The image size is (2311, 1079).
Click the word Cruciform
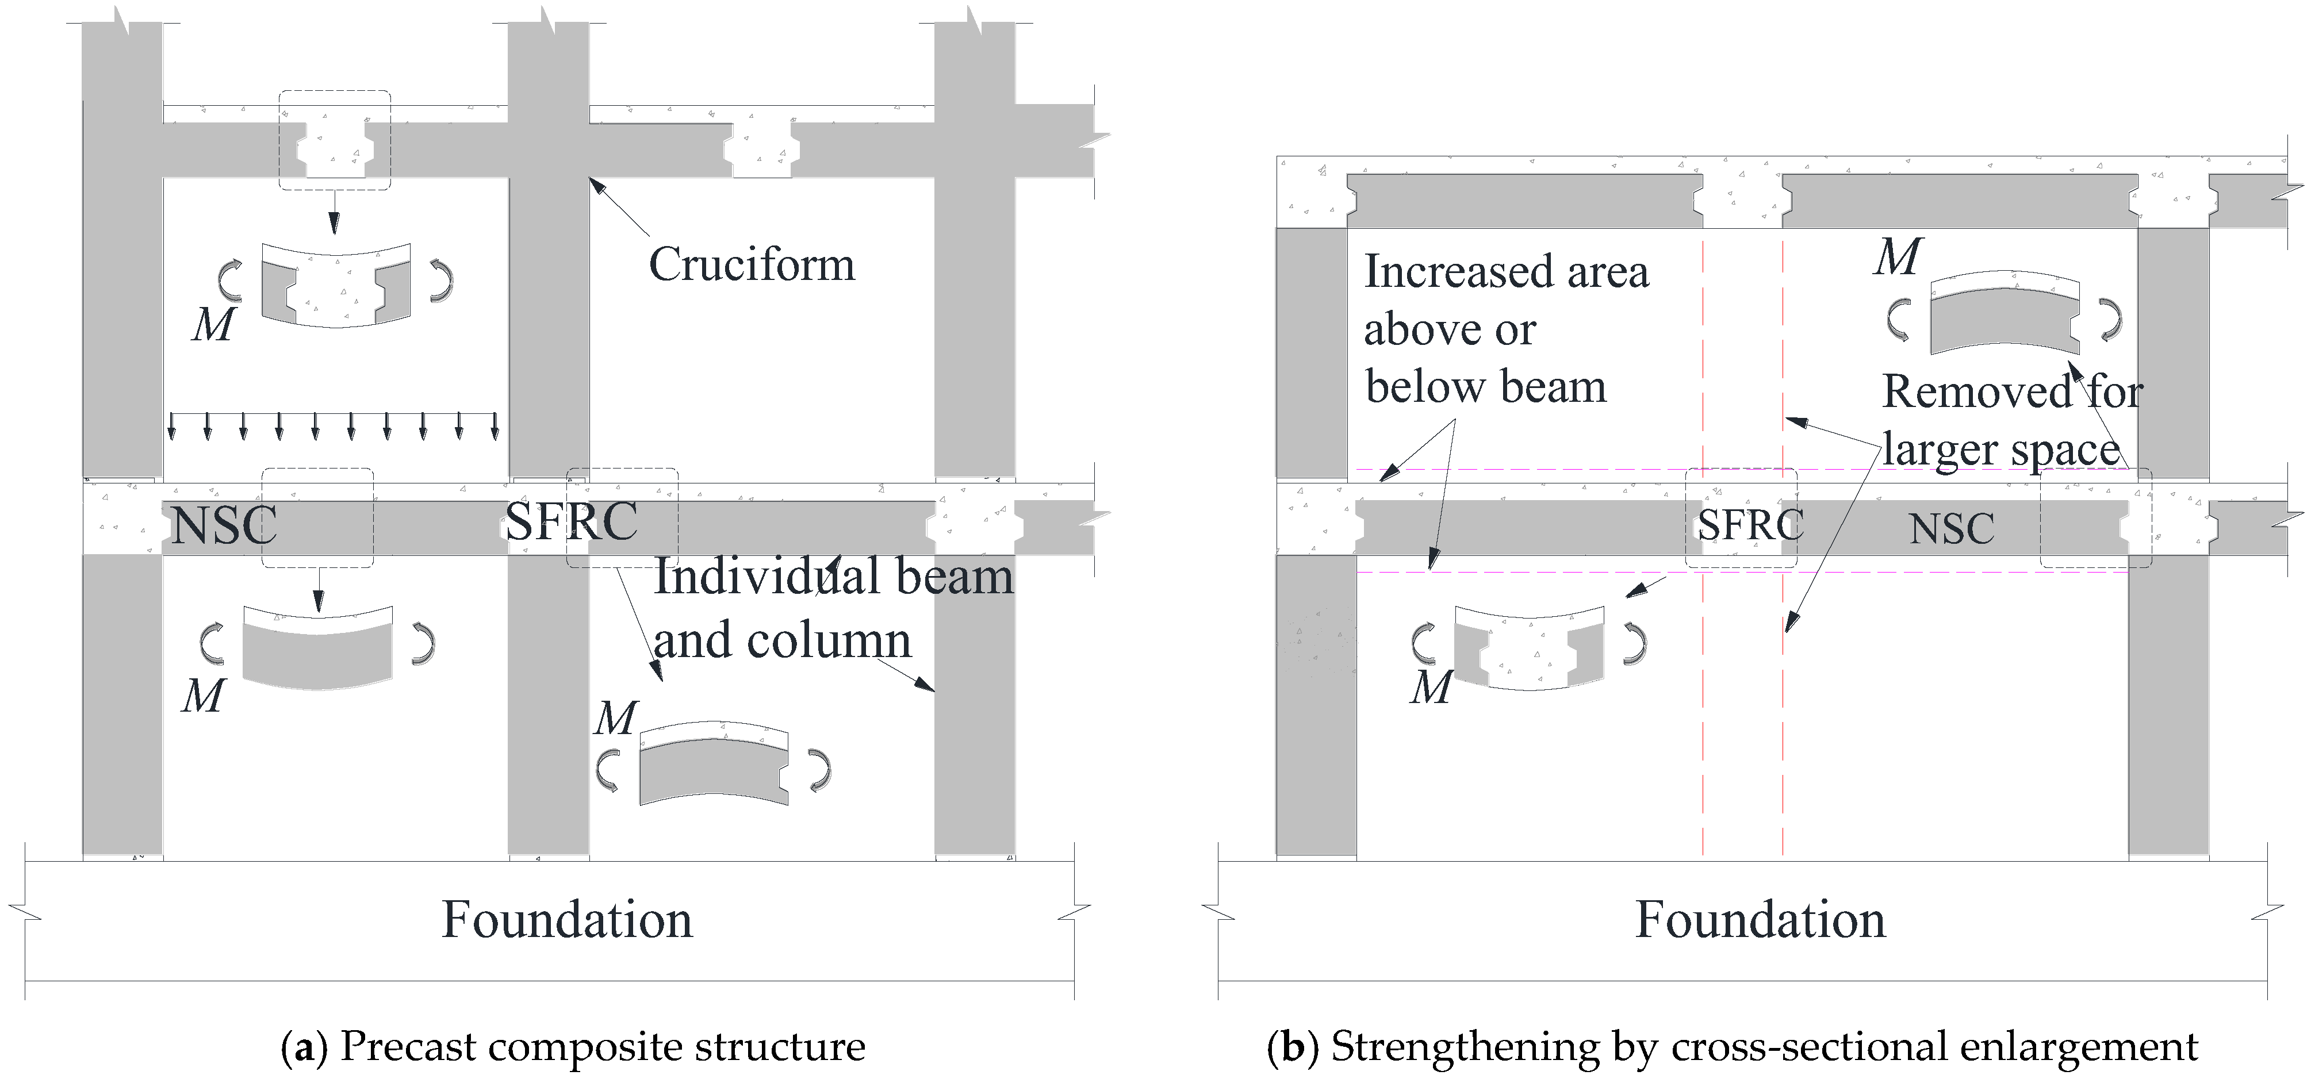[x=752, y=264]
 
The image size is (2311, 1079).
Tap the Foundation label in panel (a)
[x=567, y=919]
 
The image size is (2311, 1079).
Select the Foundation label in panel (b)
[x=1760, y=919]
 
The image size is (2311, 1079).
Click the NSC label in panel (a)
[x=224, y=525]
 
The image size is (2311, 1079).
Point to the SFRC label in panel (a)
[x=572, y=520]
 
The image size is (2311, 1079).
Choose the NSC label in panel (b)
[x=1951, y=528]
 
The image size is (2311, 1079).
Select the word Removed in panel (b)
[x=1976, y=392]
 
